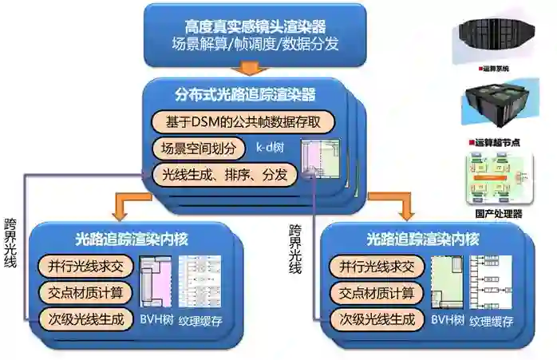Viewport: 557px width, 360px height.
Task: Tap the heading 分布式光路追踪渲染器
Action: pos(246,95)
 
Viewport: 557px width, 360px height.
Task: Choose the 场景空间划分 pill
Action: pos(195,148)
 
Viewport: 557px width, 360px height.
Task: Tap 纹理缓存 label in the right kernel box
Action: pos(491,322)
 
